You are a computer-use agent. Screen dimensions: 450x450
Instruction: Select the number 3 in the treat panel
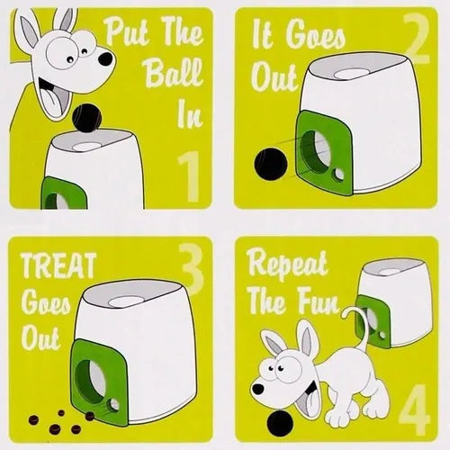pos(193,268)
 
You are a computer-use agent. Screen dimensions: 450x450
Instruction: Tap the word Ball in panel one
pos(175,73)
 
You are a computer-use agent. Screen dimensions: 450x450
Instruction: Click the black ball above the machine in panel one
pos(87,119)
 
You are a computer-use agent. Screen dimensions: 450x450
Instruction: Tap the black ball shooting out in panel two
pos(270,164)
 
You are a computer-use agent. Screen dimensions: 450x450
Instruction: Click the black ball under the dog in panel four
pos(281,424)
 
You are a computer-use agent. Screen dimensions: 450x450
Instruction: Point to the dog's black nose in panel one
pos(105,58)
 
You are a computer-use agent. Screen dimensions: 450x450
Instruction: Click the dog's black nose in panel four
pos(257,389)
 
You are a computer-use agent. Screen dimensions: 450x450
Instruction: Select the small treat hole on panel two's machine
pos(339,175)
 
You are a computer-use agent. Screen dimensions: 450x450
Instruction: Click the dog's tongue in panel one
pos(50,102)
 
